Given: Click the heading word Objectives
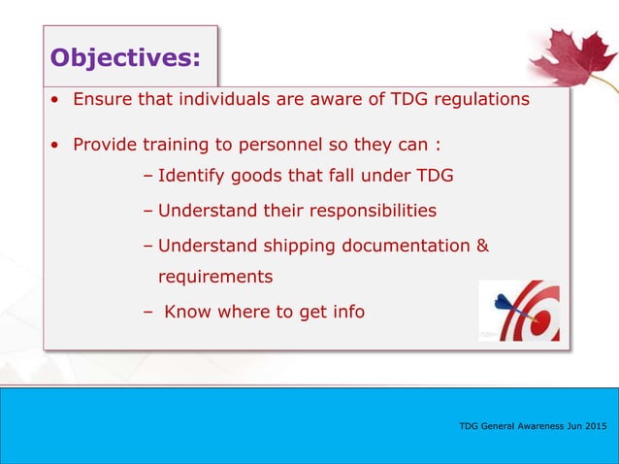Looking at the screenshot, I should (125, 58).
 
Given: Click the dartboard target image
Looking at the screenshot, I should (519, 312).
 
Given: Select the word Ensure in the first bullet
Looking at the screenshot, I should (105, 98).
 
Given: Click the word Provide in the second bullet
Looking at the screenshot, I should (107, 146).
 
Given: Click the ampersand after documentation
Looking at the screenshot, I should (482, 246).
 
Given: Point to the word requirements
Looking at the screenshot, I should (215, 277).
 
